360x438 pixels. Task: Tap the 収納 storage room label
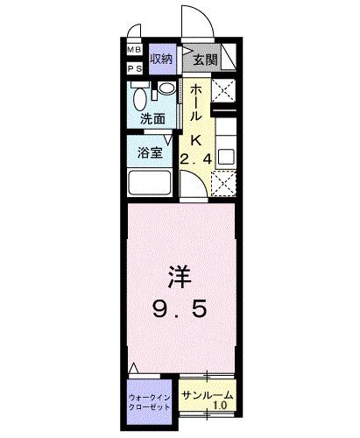click(x=161, y=60)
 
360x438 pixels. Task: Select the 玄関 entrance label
click(x=205, y=60)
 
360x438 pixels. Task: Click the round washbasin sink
click(x=165, y=88)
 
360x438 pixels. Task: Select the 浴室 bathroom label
click(x=149, y=152)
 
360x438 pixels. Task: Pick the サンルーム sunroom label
click(x=208, y=394)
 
